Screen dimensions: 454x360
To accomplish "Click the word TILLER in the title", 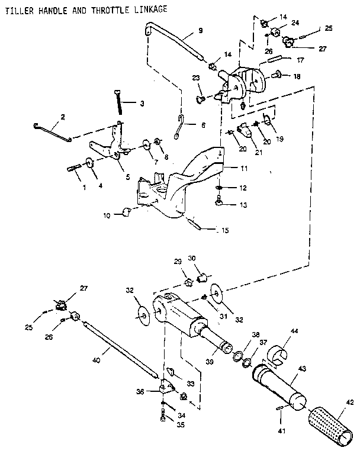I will coord(18,9).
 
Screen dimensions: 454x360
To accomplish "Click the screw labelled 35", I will coord(163,420).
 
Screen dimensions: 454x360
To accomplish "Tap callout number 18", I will coord(297,76).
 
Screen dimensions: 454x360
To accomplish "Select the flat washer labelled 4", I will coord(89,163).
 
